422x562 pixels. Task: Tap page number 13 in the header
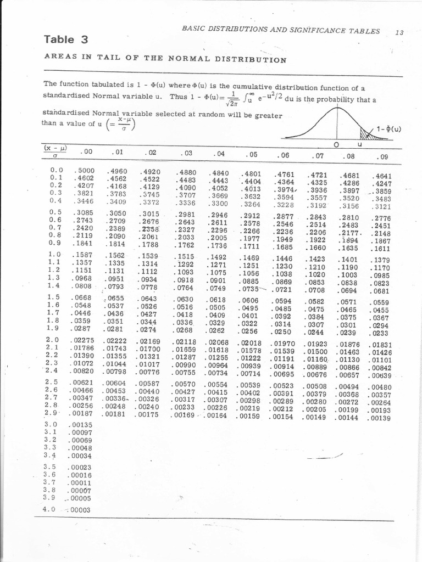(x=399, y=32)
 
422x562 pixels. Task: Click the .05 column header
(x=252, y=155)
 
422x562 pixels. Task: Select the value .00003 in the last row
(x=79, y=509)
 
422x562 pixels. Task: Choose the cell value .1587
(x=82, y=255)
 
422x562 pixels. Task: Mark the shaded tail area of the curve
(x=367, y=133)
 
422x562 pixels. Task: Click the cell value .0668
(x=81, y=297)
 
